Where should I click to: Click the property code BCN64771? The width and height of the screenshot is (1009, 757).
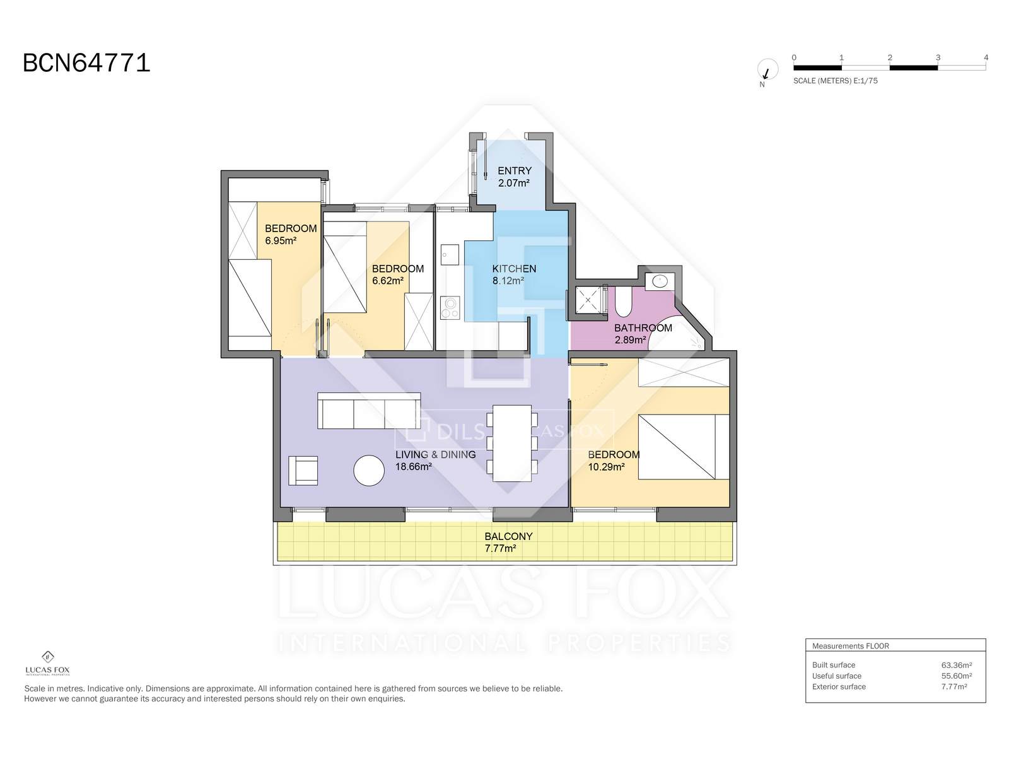click(86, 62)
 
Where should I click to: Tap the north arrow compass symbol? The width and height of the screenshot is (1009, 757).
click(767, 70)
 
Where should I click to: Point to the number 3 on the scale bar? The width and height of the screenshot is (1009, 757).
click(938, 57)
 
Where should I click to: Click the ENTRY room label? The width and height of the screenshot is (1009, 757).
click(515, 171)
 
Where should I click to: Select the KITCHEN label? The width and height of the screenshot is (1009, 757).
click(514, 269)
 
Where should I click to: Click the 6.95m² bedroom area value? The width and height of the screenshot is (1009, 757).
click(281, 240)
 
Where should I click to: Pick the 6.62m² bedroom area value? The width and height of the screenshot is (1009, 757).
click(387, 281)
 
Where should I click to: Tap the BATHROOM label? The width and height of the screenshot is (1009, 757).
click(643, 328)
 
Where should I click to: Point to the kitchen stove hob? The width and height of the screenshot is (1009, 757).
click(450, 308)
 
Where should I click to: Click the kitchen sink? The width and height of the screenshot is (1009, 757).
click(450, 255)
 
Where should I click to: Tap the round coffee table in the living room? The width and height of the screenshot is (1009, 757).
click(369, 471)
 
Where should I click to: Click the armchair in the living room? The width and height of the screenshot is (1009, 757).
click(303, 471)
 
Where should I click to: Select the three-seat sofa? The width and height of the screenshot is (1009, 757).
click(369, 411)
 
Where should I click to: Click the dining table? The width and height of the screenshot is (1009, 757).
click(512, 443)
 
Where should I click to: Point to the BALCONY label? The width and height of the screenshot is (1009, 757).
click(508, 536)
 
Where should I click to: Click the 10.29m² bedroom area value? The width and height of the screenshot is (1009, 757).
click(606, 467)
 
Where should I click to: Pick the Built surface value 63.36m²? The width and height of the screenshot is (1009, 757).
click(956, 665)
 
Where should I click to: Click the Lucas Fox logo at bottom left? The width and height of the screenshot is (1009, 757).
click(48, 663)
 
